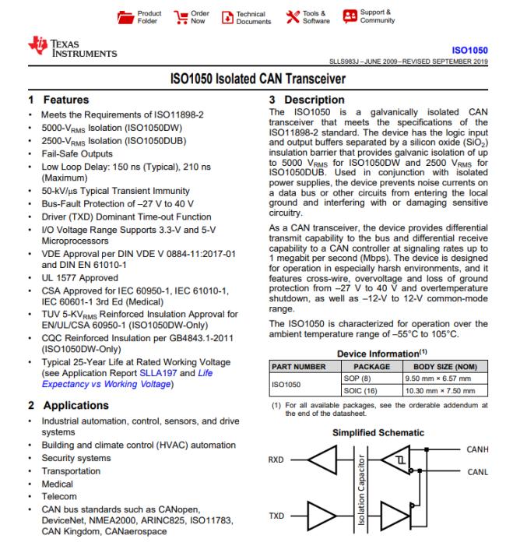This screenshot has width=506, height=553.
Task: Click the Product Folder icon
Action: click(125, 17)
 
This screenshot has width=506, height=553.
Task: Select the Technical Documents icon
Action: click(227, 17)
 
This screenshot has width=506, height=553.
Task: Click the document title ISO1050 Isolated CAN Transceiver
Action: click(252, 79)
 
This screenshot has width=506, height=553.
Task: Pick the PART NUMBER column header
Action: click(297, 365)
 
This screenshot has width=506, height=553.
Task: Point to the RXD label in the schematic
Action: click(276, 458)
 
